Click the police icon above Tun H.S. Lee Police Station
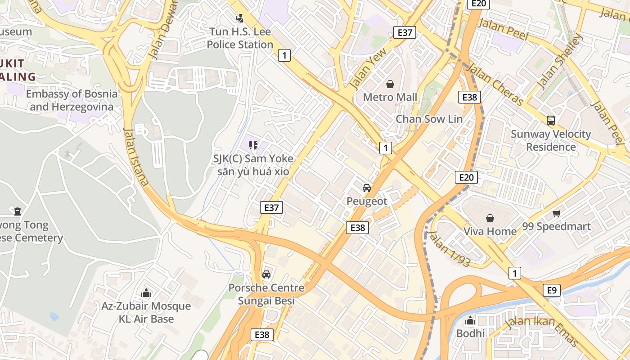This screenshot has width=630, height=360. point(239,18)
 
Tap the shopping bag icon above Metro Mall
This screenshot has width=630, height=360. point(390,84)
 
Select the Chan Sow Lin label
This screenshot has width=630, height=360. point(429,119)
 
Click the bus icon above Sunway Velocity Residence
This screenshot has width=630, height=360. point(550,121)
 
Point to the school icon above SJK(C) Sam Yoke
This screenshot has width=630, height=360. point(253,145)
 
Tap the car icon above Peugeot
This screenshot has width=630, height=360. point(367,188)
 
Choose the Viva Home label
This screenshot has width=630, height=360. point(490,231)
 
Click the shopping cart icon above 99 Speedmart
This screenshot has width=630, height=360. point(557,213)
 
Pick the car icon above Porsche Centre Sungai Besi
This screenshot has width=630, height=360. point(266,274)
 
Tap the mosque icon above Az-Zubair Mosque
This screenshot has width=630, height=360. point(146,293)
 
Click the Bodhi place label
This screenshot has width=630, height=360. point(470,333)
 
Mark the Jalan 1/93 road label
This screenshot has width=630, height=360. point(449,248)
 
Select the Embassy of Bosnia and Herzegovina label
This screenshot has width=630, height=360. point(71,100)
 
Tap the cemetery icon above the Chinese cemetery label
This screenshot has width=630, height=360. point(18,211)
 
